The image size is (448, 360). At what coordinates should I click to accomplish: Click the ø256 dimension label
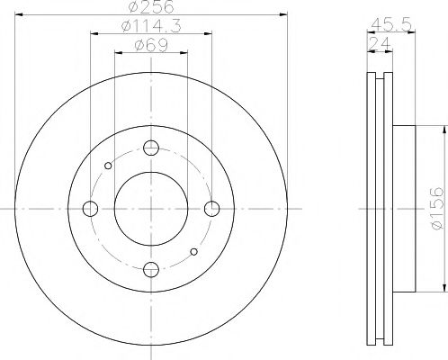149,8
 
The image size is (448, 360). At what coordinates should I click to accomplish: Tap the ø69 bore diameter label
148,45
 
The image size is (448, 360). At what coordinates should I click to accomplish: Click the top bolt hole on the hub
151,149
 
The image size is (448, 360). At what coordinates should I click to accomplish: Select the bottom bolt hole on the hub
151,267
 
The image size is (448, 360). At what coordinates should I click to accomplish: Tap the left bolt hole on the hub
91,209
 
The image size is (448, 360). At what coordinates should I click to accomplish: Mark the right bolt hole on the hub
211,209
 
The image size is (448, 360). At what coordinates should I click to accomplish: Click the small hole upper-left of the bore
109,166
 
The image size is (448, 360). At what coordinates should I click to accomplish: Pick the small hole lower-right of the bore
193,251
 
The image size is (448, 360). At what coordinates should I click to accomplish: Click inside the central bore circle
151,209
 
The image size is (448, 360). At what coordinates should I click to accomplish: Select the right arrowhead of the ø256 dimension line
280,15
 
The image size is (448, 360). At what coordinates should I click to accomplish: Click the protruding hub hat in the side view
404,209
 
